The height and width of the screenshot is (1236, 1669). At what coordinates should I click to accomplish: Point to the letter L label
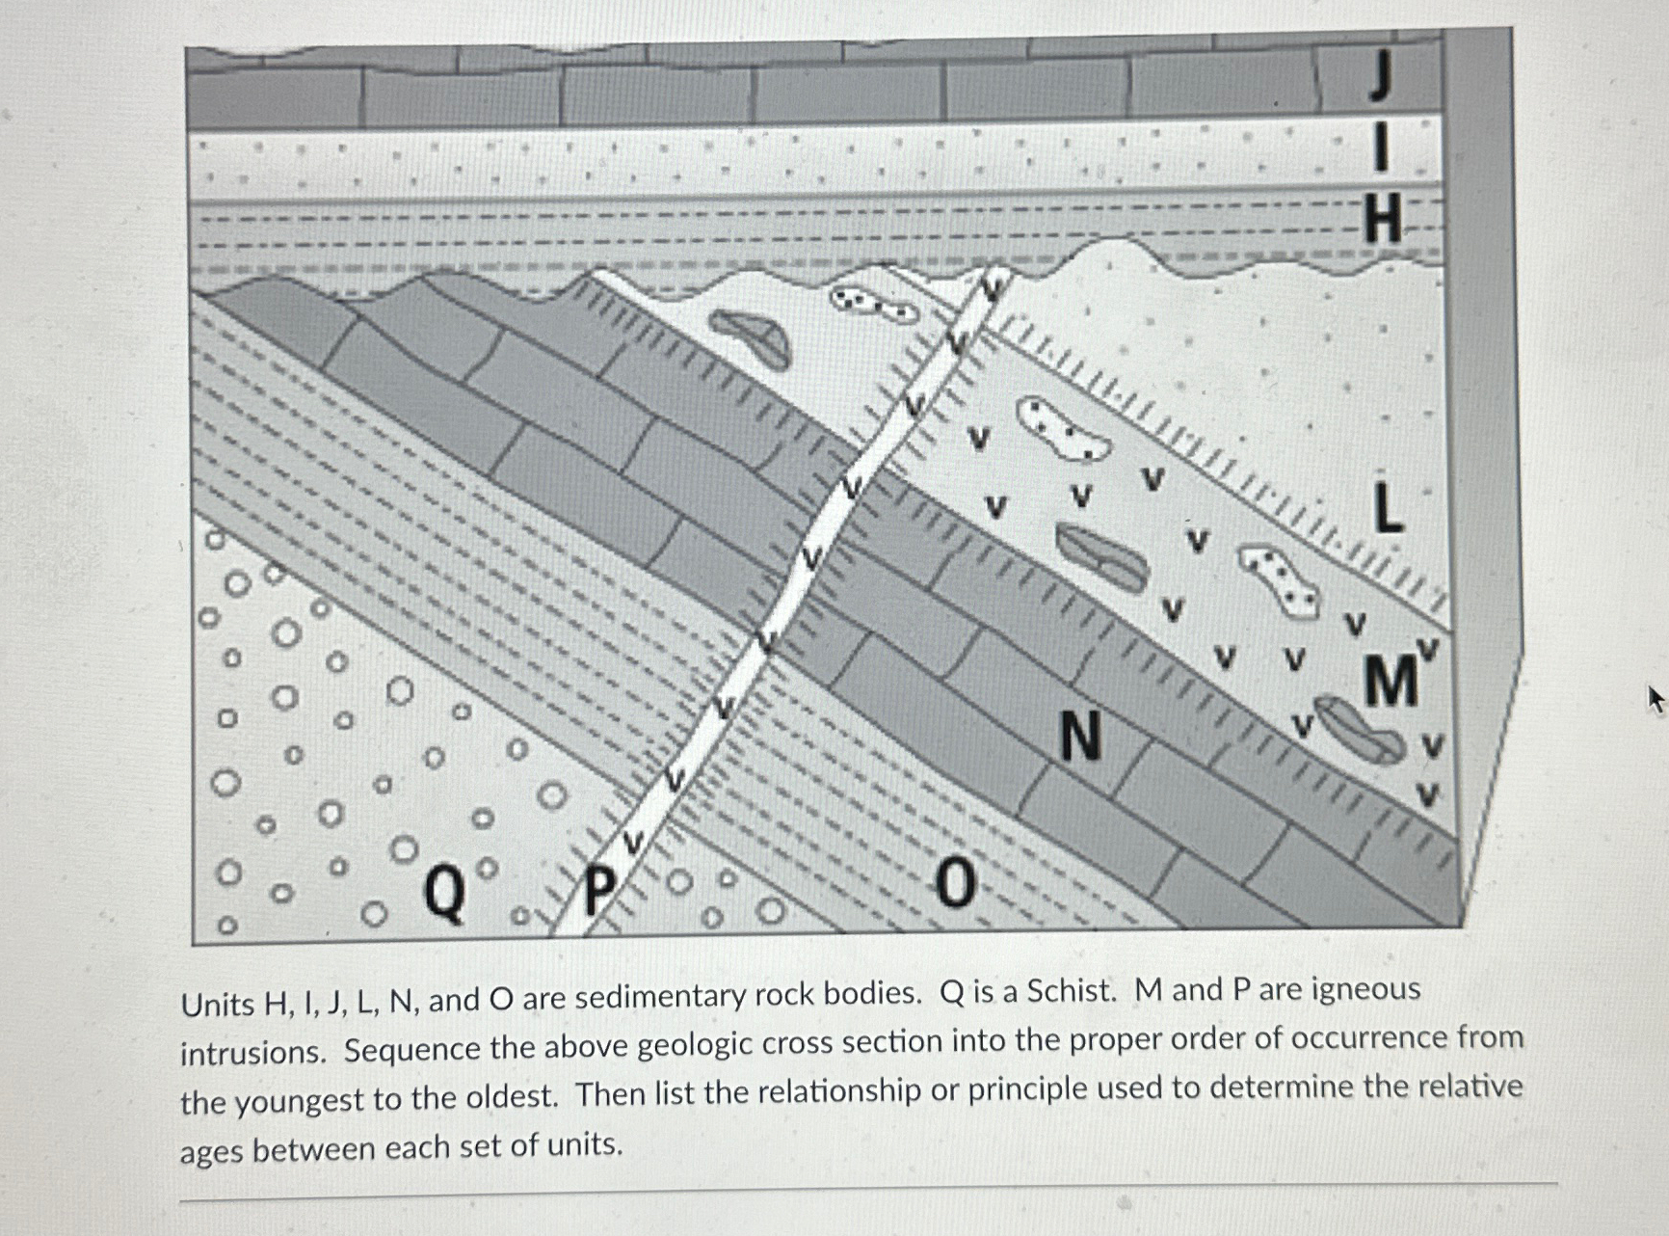pos(1387,508)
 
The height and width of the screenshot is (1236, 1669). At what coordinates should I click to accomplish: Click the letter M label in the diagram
pos(1391,681)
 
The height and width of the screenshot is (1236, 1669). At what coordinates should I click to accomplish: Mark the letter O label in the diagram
pos(955,884)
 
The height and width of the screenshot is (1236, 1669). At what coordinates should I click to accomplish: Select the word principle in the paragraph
pos(1034,1089)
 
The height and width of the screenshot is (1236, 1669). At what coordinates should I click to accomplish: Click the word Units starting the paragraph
pos(216,1005)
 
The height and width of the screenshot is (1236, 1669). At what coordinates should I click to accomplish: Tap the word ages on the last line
pos(212,1150)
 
